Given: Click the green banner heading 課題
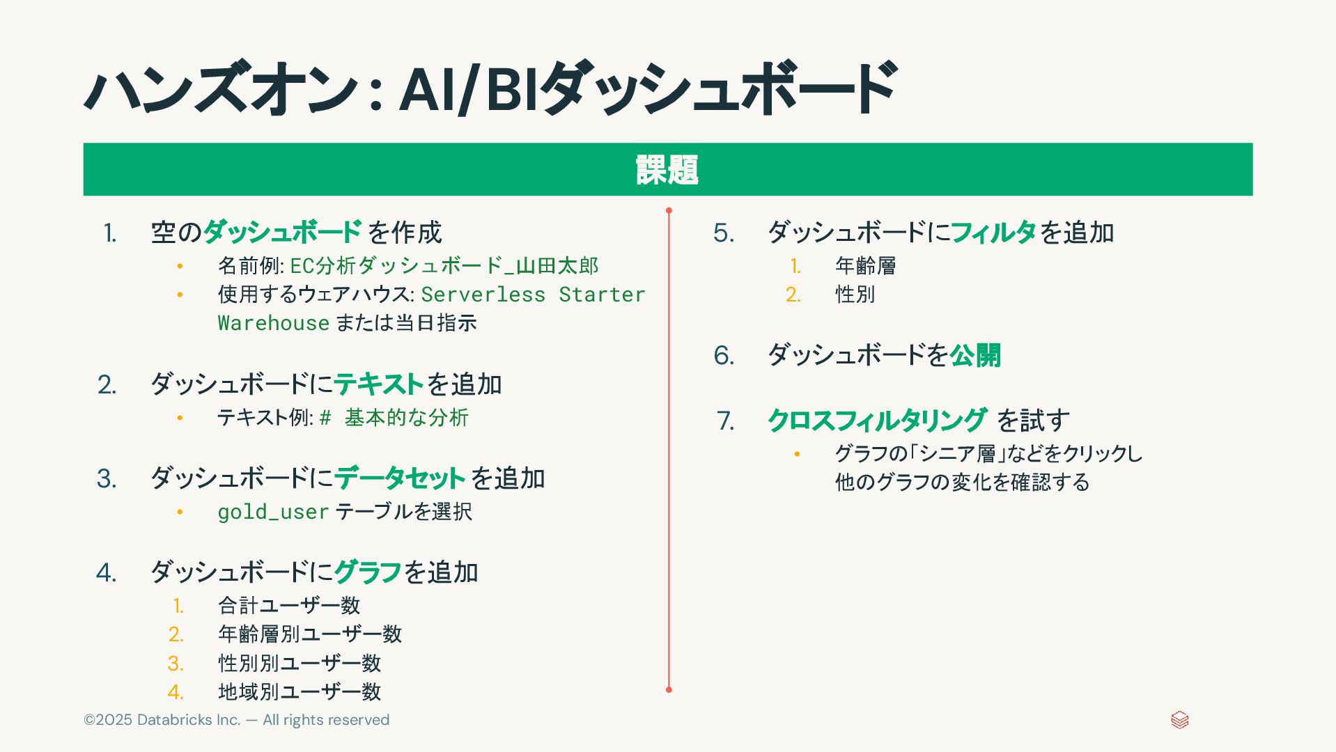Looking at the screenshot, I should tap(667, 170).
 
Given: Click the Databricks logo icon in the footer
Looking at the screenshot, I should tap(1179, 720).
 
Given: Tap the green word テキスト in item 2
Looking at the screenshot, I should tap(378, 384).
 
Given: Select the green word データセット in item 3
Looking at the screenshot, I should tap(400, 478).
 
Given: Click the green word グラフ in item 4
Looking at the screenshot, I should tap(368, 572).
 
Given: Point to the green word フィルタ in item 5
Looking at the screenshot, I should tap(993, 233).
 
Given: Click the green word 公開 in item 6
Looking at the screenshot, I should tap(975, 356).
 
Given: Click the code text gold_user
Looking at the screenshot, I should tap(273, 512).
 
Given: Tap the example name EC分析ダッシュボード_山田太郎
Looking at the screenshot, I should tap(444, 266).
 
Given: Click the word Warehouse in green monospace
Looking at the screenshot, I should tap(273, 323).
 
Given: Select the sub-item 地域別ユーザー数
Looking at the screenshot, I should tap(300, 691).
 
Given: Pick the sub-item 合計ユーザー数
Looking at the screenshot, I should tap(289, 605).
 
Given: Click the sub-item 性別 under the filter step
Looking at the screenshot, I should tap(855, 295).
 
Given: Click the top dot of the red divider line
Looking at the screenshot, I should tap(669, 210).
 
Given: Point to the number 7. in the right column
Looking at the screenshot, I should tap(725, 421).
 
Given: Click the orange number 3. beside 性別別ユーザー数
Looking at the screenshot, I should tap(176, 663).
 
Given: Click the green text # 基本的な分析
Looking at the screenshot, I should tap(394, 418).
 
